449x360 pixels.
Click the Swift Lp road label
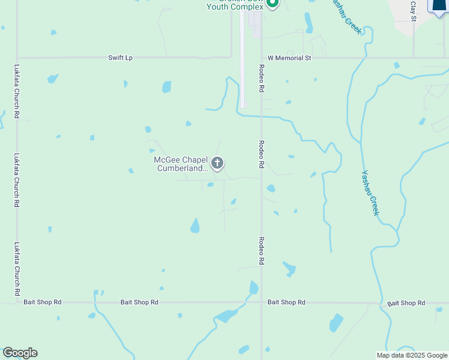(x=120, y=58)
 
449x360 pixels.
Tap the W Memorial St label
(x=289, y=58)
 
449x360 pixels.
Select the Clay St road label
(x=413, y=11)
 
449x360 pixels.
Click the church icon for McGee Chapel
(x=217, y=163)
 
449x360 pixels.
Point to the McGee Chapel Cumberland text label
(x=181, y=164)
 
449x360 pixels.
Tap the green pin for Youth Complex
(x=273, y=4)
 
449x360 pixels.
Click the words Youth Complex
(x=235, y=7)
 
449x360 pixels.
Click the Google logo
(x=20, y=353)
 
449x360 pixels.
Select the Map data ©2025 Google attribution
(x=411, y=355)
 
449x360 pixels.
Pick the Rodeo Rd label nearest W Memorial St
(x=262, y=78)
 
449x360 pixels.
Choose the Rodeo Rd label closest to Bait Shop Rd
(x=262, y=251)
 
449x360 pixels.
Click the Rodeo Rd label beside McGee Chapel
(x=262, y=154)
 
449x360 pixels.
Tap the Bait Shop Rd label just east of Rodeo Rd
(x=286, y=302)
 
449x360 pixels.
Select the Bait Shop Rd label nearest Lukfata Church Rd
(x=43, y=302)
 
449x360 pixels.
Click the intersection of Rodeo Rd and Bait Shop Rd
(x=262, y=302)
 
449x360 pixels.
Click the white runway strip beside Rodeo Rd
(x=242, y=60)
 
